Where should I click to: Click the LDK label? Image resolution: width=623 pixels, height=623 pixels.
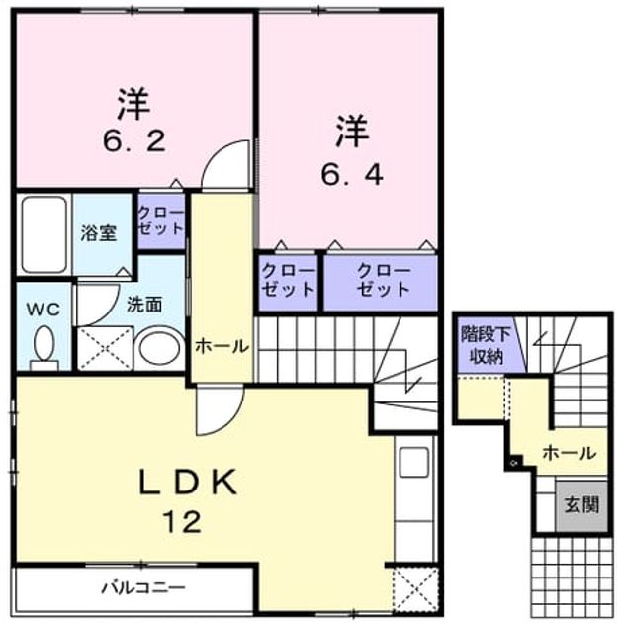(x=188, y=482)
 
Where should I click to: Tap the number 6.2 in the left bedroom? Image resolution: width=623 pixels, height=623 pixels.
(x=133, y=141)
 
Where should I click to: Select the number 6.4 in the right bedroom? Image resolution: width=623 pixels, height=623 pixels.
(x=352, y=174)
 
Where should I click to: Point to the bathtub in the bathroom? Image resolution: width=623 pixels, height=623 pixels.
(x=44, y=234)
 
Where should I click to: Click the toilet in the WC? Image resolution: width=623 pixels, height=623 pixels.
(x=44, y=347)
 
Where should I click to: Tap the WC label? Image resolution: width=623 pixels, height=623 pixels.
(x=44, y=309)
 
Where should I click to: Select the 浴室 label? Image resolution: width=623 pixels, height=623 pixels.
(x=99, y=233)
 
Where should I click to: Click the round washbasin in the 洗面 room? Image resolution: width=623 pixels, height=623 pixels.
(x=160, y=348)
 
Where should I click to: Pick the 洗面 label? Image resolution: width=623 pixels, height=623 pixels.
(x=144, y=305)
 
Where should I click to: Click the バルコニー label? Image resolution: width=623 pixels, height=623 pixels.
(x=143, y=586)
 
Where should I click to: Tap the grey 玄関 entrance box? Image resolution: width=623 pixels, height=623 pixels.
(x=581, y=505)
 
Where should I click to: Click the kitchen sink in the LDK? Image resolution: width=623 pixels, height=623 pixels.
(x=414, y=462)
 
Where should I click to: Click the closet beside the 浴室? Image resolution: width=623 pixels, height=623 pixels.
(x=161, y=221)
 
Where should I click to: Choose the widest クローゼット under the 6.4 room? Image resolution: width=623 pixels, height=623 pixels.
(x=381, y=282)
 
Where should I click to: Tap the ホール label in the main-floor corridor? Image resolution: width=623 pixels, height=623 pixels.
(x=222, y=347)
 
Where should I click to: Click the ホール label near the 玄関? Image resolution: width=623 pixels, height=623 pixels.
(x=570, y=453)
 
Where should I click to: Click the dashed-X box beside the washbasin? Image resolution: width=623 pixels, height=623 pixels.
(x=105, y=348)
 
